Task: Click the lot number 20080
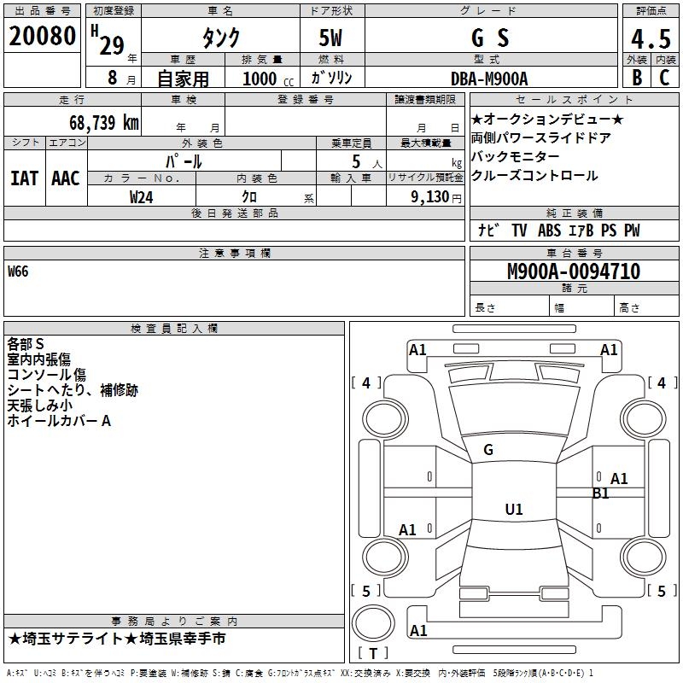coord(42,37)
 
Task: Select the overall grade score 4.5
coord(649,38)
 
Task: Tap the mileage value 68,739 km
coord(103,122)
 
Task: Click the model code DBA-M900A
coord(489,79)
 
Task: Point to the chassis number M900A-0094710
coord(573,271)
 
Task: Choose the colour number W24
coord(142,197)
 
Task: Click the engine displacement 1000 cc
coord(267,79)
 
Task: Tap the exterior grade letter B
coord(636,78)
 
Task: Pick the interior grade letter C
coord(664,78)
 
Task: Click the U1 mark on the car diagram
coord(513,510)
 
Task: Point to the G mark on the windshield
coord(488,450)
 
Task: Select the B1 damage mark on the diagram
coord(601,493)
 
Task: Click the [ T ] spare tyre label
coord(372,653)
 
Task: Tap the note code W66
coord(18,271)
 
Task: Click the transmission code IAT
coord(24,178)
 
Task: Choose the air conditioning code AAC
coord(66,178)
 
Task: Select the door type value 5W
coord(332,38)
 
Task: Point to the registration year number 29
coord(111,45)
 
